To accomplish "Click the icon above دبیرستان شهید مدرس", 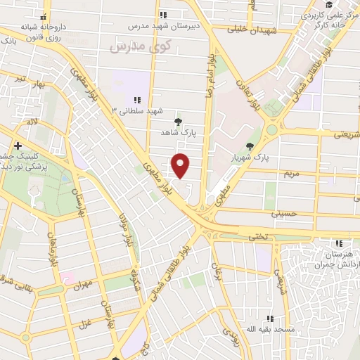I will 163,14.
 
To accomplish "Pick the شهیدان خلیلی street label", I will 252,30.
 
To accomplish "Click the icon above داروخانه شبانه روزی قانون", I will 46,15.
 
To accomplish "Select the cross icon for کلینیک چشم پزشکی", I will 18,146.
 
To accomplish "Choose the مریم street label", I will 292,172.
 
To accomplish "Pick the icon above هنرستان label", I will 340,242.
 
